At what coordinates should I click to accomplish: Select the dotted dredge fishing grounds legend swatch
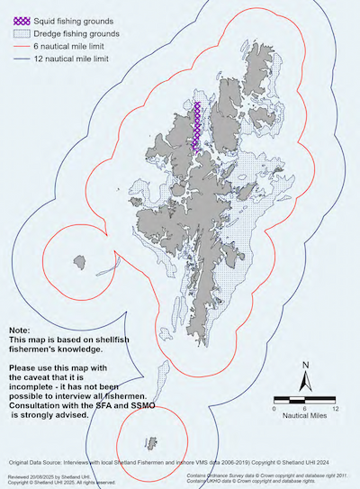pyautogui.click(x=18, y=32)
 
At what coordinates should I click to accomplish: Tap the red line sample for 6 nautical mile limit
pyautogui.click(x=18, y=46)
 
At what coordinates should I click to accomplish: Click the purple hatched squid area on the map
pyautogui.click(x=195, y=126)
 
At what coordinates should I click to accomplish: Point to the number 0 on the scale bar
pyautogui.click(x=274, y=408)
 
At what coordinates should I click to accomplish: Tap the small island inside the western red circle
pyautogui.click(x=78, y=262)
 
